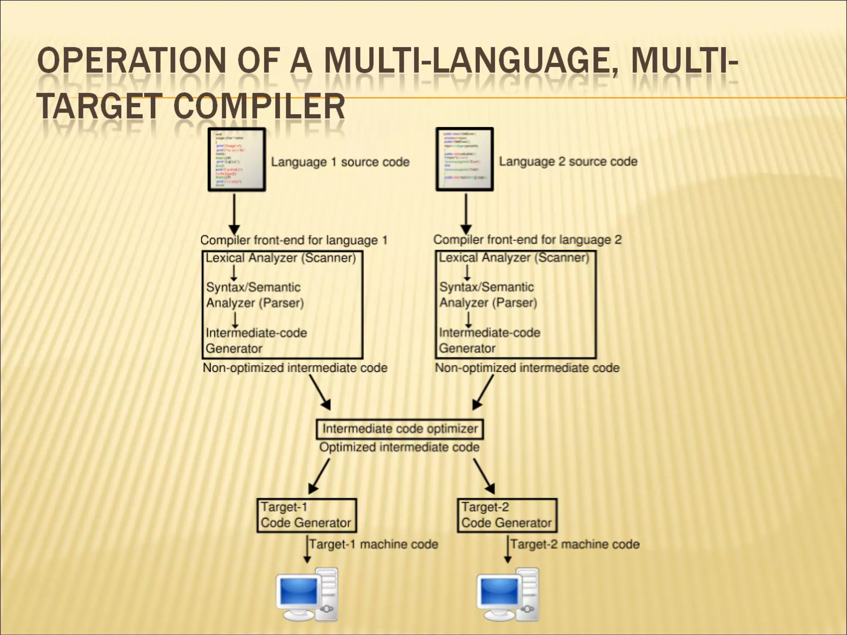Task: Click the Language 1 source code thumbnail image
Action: (x=237, y=160)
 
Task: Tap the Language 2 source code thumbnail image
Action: (x=464, y=160)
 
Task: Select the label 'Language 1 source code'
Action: (x=340, y=162)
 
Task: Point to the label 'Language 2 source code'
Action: (x=568, y=161)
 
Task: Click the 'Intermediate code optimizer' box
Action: (x=400, y=429)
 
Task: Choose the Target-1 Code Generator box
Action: (x=306, y=515)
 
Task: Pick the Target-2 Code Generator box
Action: (x=507, y=515)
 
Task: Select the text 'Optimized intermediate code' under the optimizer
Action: (x=399, y=447)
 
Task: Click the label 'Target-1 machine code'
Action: (x=373, y=544)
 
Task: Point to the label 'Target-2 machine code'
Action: (x=575, y=544)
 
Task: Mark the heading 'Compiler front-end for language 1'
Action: (x=294, y=240)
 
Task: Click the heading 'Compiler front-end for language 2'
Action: (x=527, y=240)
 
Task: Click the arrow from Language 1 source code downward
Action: (x=234, y=213)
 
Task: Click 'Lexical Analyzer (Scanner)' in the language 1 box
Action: (x=281, y=258)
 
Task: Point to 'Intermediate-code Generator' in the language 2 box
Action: (x=489, y=340)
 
